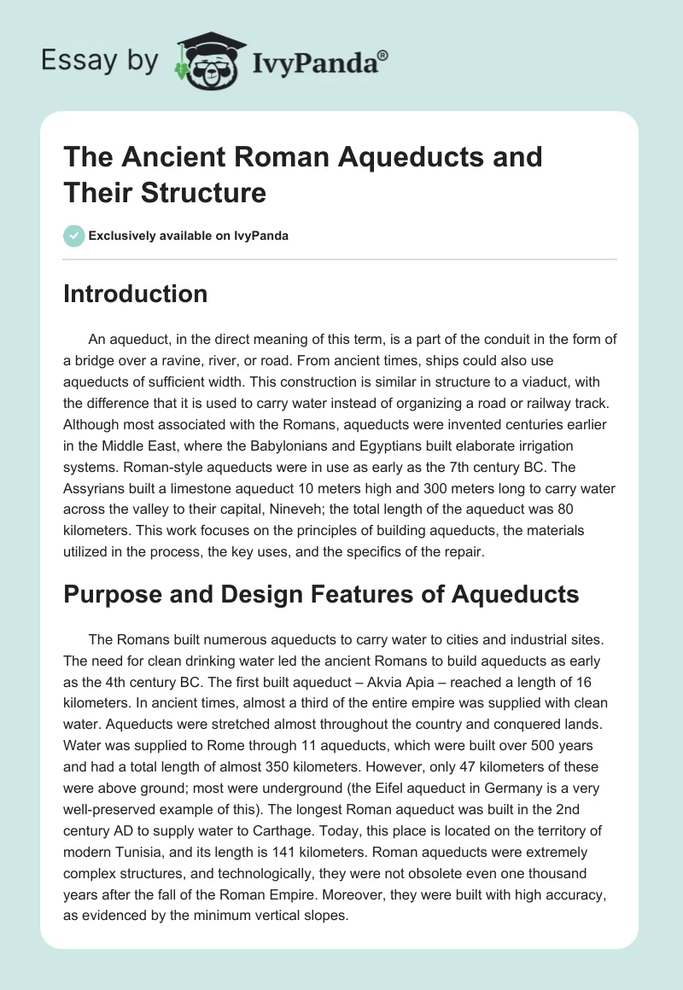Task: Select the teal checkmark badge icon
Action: click(74, 236)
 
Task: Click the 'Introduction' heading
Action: click(136, 294)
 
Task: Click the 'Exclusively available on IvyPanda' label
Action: click(189, 236)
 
